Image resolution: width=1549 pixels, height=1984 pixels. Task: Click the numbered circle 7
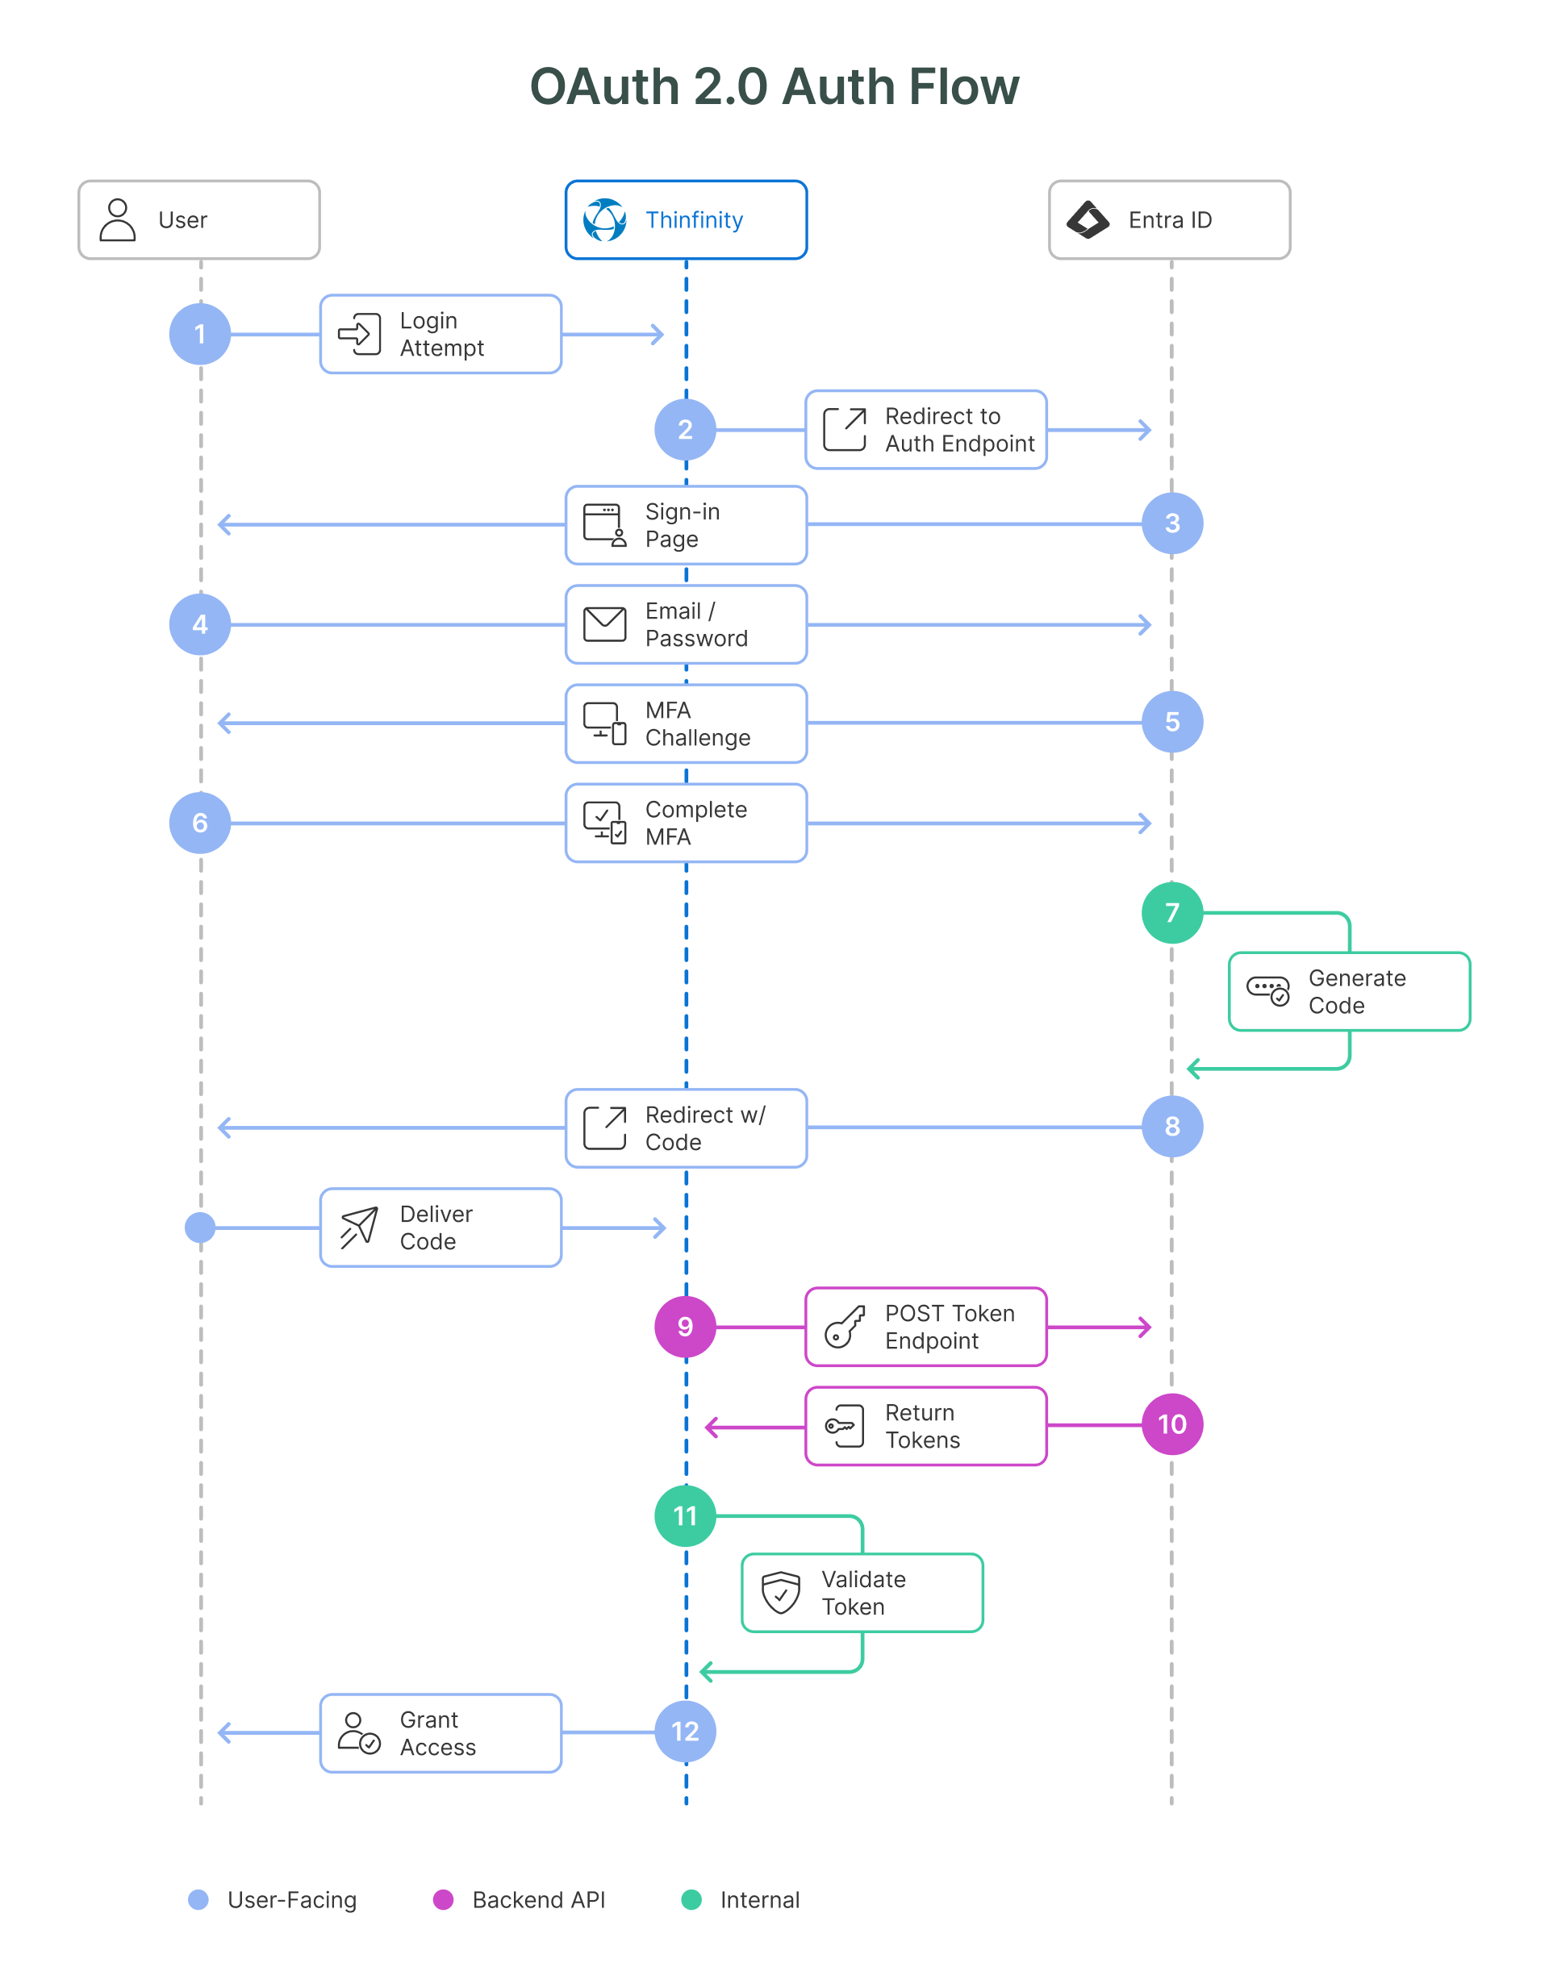point(1171,912)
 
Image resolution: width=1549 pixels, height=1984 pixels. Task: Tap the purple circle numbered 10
point(1171,1423)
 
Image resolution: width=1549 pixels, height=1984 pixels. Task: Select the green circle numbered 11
point(685,1515)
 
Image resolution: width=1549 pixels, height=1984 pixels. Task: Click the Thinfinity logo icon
point(604,220)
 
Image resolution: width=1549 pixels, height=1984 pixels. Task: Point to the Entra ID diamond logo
point(1088,220)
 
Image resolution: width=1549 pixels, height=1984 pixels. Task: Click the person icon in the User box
point(117,220)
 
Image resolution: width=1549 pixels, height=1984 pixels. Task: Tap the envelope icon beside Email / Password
point(604,624)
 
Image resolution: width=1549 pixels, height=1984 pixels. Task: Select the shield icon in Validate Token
point(780,1593)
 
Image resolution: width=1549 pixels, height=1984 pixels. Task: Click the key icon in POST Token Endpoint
point(844,1327)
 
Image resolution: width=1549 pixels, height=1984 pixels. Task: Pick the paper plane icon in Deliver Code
point(359,1227)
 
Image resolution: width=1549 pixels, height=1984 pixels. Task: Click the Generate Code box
point(1348,991)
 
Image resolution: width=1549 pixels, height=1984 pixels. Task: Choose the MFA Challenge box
point(686,723)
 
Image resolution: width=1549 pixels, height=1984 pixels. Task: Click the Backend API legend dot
point(444,1899)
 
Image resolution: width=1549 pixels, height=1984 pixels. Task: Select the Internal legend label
point(759,1899)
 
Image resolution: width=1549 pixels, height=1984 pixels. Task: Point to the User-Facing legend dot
point(198,1899)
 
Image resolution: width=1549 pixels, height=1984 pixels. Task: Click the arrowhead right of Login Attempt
point(658,335)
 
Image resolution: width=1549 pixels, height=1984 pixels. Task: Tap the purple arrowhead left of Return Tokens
point(712,1428)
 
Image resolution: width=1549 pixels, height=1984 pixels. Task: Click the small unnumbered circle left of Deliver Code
point(200,1227)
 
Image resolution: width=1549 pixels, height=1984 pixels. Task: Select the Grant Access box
point(440,1732)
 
